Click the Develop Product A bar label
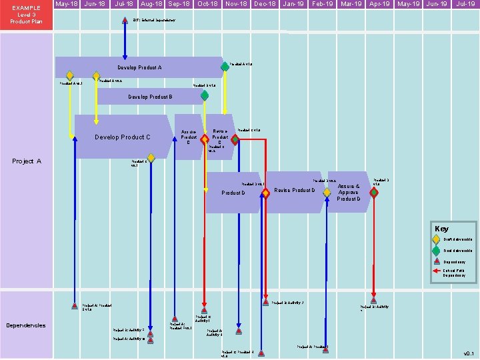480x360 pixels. click(139, 67)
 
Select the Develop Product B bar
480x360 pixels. click(151, 97)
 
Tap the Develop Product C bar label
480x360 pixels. click(123, 137)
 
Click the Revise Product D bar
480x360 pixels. click(295, 191)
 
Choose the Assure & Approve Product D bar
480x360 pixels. click(349, 192)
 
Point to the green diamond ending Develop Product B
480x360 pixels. click(205, 96)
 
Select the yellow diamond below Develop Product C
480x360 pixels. click(151, 158)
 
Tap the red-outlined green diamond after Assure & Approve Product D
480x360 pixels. click(374, 193)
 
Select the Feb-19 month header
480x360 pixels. click(323, 4)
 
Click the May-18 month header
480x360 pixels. click(67, 4)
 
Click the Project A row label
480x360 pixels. click(27, 161)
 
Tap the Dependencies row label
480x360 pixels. click(26, 325)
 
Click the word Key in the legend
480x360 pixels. click(441, 229)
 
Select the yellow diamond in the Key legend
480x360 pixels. click(436, 239)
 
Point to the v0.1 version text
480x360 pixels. click(469, 353)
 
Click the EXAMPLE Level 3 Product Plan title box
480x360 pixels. click(26, 15)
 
